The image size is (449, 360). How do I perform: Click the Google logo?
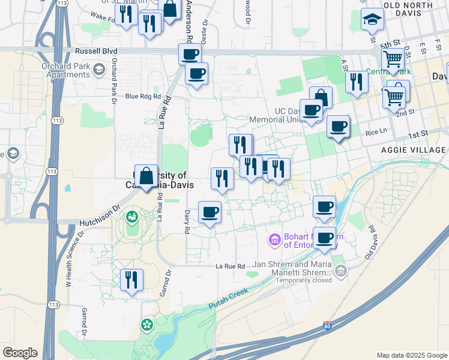[x=20, y=353]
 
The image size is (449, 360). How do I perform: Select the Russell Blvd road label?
[x=94, y=52]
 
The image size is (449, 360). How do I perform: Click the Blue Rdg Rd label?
[x=143, y=96]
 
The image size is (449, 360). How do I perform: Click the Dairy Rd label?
[x=187, y=221]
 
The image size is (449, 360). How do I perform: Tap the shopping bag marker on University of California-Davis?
[x=146, y=176]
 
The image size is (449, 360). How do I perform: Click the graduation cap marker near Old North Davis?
[x=372, y=20]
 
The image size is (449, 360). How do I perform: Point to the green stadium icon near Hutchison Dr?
[x=131, y=215]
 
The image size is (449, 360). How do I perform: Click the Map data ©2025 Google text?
[x=411, y=355]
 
